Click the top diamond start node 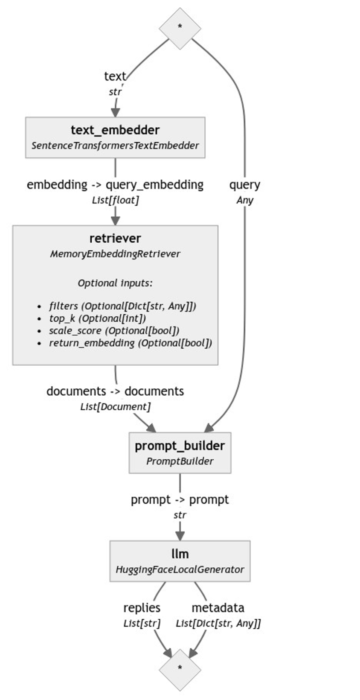click(x=180, y=28)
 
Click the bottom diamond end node click(x=180, y=670)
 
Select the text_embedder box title click(x=115, y=130)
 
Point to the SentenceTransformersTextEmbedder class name click(x=115, y=146)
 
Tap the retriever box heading click(x=115, y=238)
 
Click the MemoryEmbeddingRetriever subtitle click(x=115, y=254)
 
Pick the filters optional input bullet click(x=122, y=306)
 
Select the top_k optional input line click(x=97, y=318)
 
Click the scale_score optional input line click(x=114, y=331)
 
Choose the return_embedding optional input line click(x=130, y=343)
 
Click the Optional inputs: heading click(x=115, y=283)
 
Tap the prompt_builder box click(x=180, y=452)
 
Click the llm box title click(x=180, y=554)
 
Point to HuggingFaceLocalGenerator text click(x=180, y=570)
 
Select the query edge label click(x=244, y=185)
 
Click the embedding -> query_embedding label click(x=115, y=185)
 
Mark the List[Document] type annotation click(x=115, y=407)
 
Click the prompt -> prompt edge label click(x=180, y=499)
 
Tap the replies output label click(x=142, y=608)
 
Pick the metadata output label click(x=218, y=608)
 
